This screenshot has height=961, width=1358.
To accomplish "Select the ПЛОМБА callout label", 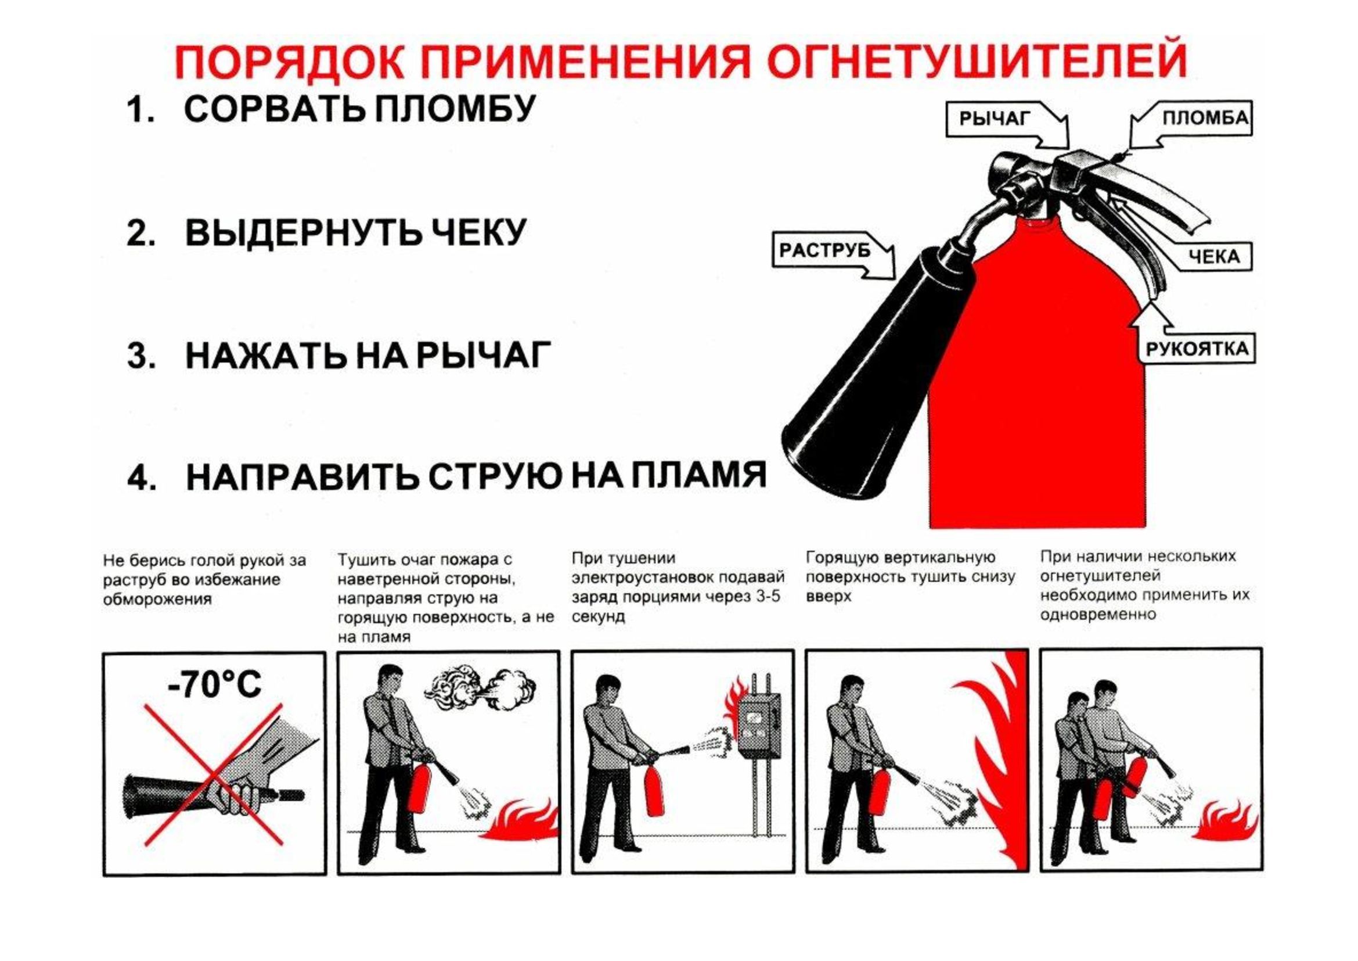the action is (x=1205, y=118).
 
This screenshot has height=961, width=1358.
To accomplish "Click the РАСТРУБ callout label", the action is (x=824, y=251).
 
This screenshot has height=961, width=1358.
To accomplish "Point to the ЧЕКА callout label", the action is (x=1213, y=256).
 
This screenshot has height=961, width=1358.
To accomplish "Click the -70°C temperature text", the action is (x=215, y=684).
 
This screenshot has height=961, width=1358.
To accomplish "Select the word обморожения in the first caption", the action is (x=157, y=600).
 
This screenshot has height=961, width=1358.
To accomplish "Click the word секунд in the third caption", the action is (x=598, y=616).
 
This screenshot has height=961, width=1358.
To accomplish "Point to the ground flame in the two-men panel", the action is (x=1224, y=820).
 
